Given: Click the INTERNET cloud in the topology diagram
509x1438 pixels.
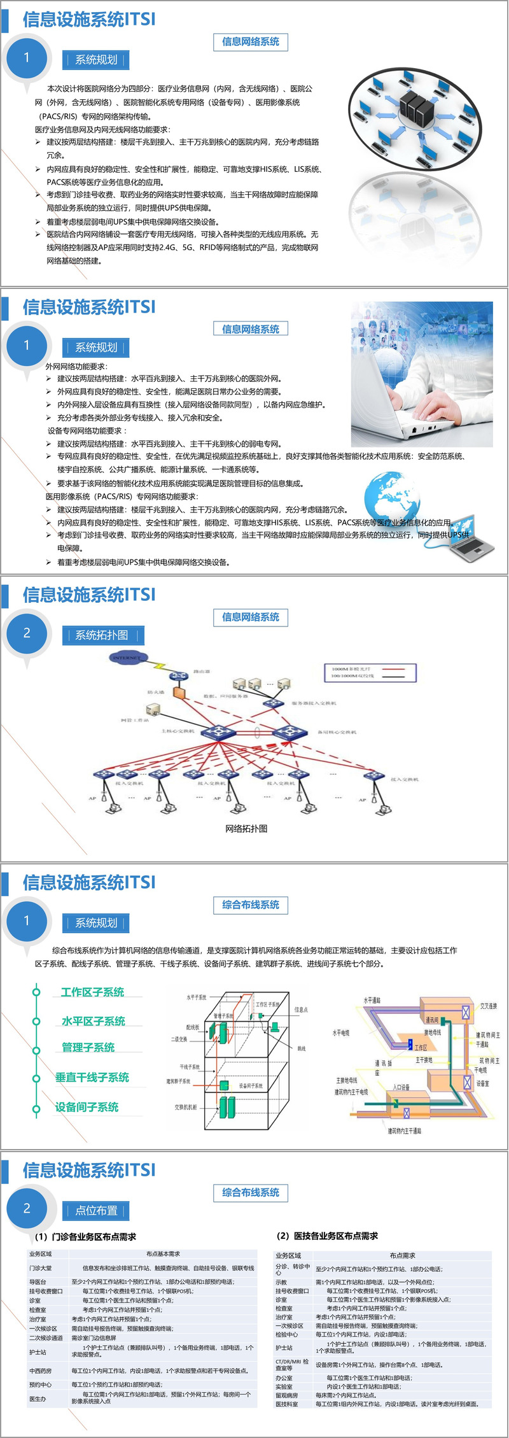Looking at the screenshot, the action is tap(127, 657).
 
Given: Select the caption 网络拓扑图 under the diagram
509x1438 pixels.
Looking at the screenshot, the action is tap(246, 828).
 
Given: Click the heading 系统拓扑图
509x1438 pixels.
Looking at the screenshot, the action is tap(102, 635).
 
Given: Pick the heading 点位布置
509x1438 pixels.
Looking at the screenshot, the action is tap(96, 1210).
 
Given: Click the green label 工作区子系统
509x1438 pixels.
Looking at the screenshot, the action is tap(92, 992).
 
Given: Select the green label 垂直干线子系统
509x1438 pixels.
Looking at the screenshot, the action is tap(92, 1077).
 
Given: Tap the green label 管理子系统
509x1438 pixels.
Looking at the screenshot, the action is tap(88, 1047).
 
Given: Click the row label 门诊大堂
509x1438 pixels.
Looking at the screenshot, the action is tap(40, 1268).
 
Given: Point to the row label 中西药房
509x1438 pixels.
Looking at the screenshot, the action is tap(40, 1371).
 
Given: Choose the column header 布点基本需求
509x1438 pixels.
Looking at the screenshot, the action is tap(163, 1253).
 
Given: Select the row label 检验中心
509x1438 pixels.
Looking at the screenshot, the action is tap(286, 1334).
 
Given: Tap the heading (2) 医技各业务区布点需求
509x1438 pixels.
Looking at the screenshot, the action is tap(327, 1236).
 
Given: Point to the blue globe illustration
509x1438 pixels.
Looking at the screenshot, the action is tap(392, 498).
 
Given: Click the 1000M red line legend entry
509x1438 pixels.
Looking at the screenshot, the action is tap(370, 670).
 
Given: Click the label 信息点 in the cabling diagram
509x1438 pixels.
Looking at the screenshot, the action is tap(301, 1010).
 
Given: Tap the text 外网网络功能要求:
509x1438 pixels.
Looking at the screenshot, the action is tap(76, 366).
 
